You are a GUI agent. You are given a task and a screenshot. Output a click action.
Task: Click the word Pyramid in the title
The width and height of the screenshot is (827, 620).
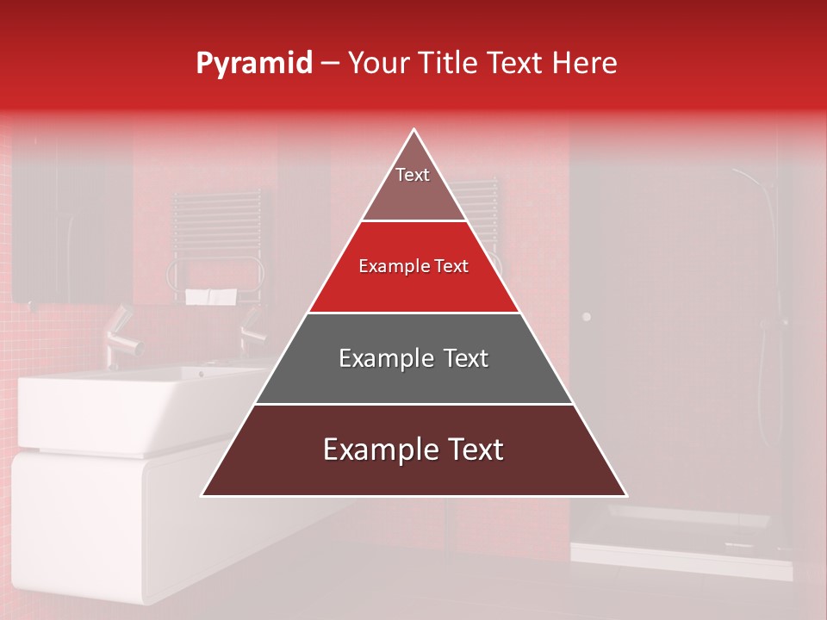(x=253, y=64)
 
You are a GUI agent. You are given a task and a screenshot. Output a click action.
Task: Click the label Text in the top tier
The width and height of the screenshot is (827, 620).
(x=413, y=175)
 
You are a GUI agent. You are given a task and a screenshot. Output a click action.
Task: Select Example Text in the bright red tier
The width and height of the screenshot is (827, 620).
(x=413, y=267)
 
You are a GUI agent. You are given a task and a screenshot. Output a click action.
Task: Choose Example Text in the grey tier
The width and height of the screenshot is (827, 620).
(x=413, y=358)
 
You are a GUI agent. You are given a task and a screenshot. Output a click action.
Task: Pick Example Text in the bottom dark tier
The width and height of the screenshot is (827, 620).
(x=413, y=449)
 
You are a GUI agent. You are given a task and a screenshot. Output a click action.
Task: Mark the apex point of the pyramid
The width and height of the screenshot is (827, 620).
(x=414, y=130)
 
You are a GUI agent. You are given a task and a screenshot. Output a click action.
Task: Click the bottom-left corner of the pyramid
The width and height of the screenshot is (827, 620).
(x=202, y=495)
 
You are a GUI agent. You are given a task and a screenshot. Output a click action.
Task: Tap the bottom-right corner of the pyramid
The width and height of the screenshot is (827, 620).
(x=626, y=495)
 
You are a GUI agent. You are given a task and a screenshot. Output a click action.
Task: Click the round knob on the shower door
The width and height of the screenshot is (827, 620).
(x=587, y=317)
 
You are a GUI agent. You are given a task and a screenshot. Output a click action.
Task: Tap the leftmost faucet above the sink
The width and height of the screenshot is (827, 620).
(x=121, y=336)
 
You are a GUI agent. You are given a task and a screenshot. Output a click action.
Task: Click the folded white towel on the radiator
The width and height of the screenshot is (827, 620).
(x=211, y=297)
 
